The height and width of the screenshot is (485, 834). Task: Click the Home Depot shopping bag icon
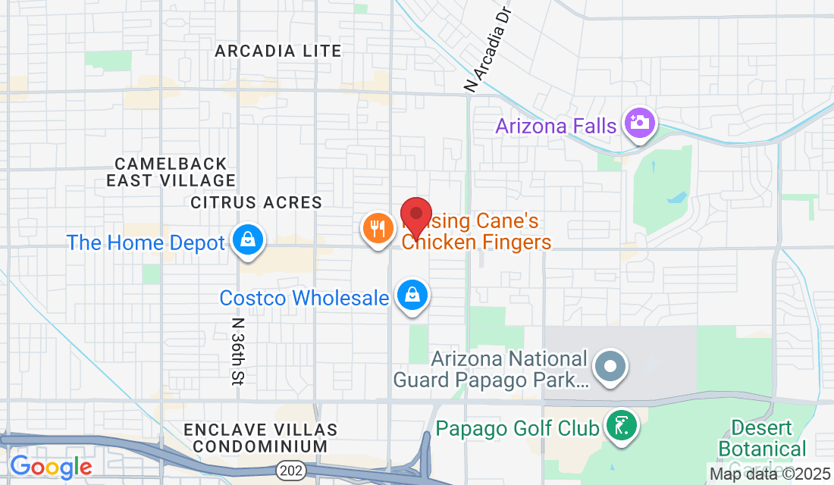[247, 240]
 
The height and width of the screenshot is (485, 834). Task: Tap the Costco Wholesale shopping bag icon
[412, 295]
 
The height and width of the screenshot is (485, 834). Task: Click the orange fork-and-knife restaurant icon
[377, 228]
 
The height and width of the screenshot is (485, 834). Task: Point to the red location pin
[415, 215]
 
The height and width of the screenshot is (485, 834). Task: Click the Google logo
[51, 467]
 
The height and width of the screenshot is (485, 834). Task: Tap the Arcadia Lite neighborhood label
[278, 51]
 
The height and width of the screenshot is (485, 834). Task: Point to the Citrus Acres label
[256, 202]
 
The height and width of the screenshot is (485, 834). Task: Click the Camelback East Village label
[171, 172]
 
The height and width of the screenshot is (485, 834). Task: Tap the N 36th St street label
[237, 351]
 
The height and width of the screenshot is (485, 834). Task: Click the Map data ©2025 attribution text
[770, 474]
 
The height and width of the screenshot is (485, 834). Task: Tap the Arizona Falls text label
[556, 125]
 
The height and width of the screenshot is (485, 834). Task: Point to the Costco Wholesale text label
[304, 298]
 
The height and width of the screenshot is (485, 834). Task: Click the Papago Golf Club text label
[517, 428]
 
